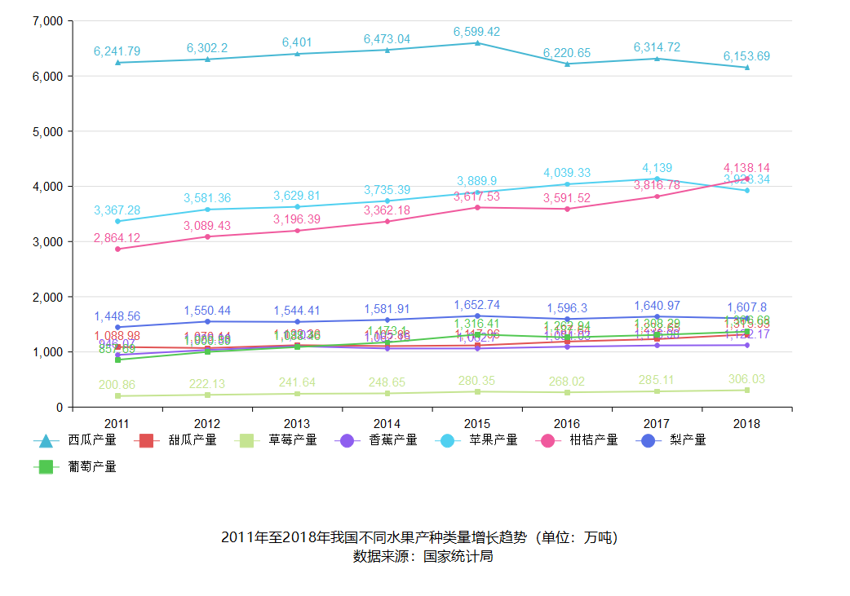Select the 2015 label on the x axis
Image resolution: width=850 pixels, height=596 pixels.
477,424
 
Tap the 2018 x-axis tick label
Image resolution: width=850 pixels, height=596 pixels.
746,424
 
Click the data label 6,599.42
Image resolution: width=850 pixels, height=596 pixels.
477,32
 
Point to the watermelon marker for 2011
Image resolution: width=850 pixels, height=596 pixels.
117,62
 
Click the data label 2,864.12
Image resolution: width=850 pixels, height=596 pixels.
117,238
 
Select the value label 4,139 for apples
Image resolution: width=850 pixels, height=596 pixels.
657,168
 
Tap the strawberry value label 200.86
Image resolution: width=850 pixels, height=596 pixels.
117,385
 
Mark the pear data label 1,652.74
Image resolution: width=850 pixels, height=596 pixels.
477,306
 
